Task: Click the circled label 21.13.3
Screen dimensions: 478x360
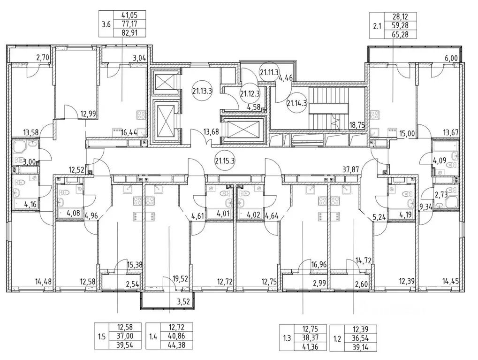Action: pos(202,91)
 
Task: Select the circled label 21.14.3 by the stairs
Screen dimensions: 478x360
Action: pos(296,103)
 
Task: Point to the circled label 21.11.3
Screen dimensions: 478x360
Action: pos(269,72)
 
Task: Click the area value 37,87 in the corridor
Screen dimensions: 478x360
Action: pos(351,169)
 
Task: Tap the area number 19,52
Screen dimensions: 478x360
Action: pos(181,278)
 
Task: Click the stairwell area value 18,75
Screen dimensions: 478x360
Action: pos(357,125)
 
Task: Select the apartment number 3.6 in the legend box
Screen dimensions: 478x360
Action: pos(106,24)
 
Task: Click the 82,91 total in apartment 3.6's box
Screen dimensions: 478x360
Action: pos(129,32)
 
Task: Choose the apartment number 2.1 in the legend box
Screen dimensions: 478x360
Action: pos(377,26)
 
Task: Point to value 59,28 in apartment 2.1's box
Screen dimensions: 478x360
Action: pos(400,25)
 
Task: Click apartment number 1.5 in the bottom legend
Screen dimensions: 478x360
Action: pos(101,337)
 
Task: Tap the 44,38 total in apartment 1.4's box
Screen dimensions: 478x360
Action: pos(176,345)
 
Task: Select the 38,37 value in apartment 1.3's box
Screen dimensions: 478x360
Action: pos(310,338)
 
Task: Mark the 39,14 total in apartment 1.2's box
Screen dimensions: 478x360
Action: pos(360,347)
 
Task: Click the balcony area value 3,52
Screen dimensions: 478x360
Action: pos(184,302)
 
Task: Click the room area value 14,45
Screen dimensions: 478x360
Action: pos(451,281)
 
